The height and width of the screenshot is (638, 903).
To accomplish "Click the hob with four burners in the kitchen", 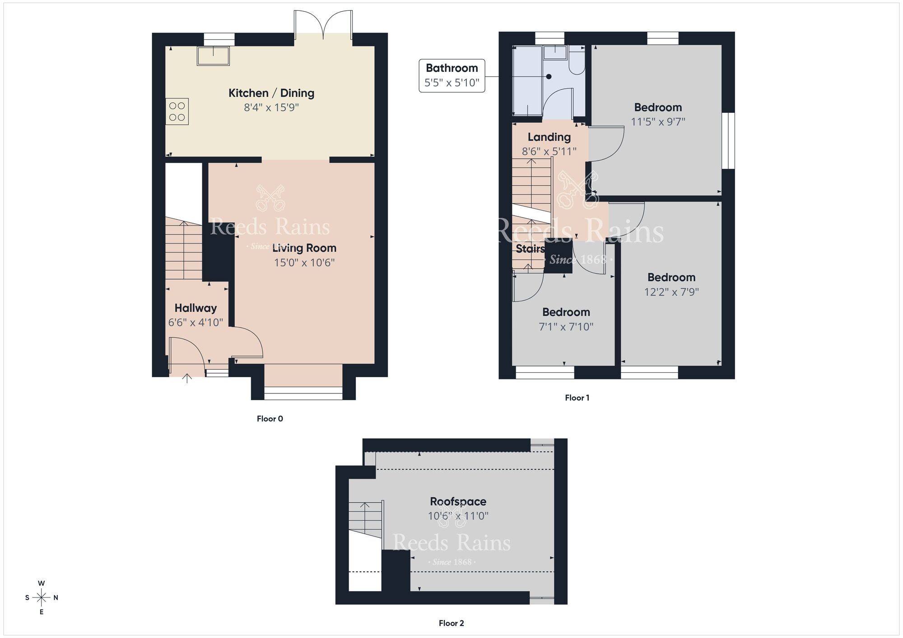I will pyautogui.click(x=177, y=111).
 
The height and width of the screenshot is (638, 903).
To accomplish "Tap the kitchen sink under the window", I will pyautogui.click(x=213, y=56).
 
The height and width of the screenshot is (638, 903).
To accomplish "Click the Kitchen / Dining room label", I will pyautogui.click(x=271, y=93).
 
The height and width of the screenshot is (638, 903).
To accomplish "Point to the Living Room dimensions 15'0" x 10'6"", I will pyautogui.click(x=304, y=263).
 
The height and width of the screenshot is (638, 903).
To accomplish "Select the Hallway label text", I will pyautogui.click(x=195, y=308).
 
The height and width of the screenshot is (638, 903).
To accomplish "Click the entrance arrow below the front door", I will pyautogui.click(x=187, y=378).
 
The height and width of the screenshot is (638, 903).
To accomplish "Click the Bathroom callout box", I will pyautogui.click(x=451, y=75).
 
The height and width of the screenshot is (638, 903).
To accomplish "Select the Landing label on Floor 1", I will pyautogui.click(x=549, y=137).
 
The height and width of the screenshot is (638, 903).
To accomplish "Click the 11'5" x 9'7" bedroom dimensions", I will pyautogui.click(x=658, y=122).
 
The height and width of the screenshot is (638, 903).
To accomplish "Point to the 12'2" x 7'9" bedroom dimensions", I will pyautogui.click(x=671, y=292).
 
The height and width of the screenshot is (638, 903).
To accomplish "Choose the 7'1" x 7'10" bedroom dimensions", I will pyautogui.click(x=566, y=327).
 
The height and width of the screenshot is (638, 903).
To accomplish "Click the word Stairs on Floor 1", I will pyautogui.click(x=530, y=249).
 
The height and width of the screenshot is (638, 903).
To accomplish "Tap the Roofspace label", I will pyautogui.click(x=458, y=501).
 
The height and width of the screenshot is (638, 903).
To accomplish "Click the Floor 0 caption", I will pyautogui.click(x=270, y=419).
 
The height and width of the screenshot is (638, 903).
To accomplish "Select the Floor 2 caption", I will pyautogui.click(x=451, y=623).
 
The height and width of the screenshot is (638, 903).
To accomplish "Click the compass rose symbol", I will pyautogui.click(x=42, y=598).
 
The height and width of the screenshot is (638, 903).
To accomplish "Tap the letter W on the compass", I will pyautogui.click(x=42, y=583).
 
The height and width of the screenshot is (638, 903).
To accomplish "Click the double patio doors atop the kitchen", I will pyautogui.click(x=323, y=25).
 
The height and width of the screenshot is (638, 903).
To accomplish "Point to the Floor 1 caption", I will pyautogui.click(x=577, y=398).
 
